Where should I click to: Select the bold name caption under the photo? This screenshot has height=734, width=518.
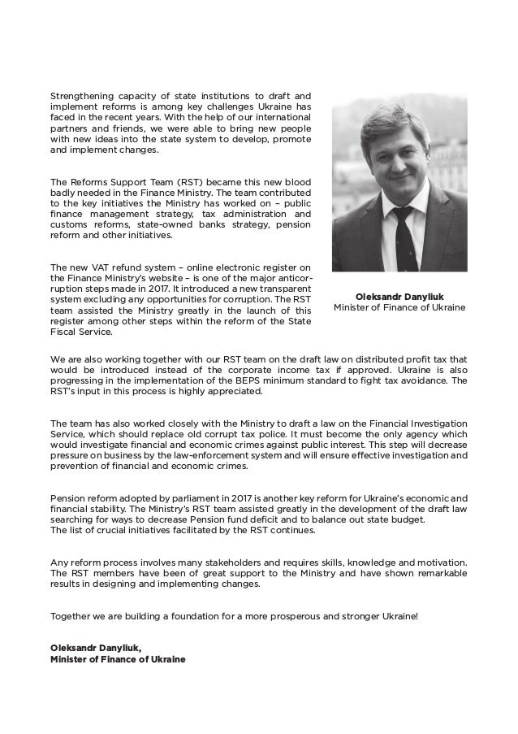pos(399,297)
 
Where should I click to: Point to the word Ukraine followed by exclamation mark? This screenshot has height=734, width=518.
pos(400,615)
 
